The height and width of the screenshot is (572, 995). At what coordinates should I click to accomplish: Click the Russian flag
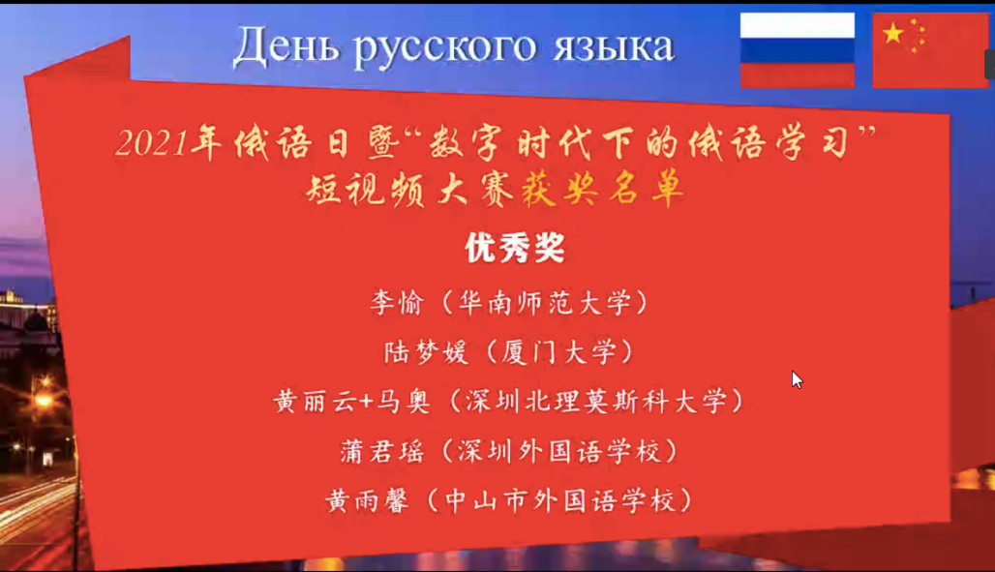(797, 50)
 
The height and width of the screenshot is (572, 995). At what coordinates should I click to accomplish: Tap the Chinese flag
(930, 50)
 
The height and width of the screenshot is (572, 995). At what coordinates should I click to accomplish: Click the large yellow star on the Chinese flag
(892, 33)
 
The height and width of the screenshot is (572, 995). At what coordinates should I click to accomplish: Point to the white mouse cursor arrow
(797, 379)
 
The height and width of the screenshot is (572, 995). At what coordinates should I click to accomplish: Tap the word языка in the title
(613, 48)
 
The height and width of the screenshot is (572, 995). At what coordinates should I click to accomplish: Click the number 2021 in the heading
(152, 143)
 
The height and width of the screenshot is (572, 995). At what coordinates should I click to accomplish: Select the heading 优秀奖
(515, 248)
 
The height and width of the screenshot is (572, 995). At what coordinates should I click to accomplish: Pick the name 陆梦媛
(426, 352)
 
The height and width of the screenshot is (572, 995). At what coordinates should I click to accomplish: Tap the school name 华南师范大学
(545, 303)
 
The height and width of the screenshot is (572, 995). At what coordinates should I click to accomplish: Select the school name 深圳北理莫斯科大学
(596, 402)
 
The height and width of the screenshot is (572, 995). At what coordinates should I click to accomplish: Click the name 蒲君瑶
(382, 451)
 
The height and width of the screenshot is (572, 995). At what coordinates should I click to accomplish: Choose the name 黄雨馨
(367, 501)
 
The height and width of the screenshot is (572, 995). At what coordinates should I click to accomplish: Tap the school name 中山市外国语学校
(559, 501)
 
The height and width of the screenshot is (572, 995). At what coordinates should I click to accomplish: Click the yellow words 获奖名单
(602, 189)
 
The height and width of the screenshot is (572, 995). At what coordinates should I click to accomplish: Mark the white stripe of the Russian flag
(797, 25)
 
